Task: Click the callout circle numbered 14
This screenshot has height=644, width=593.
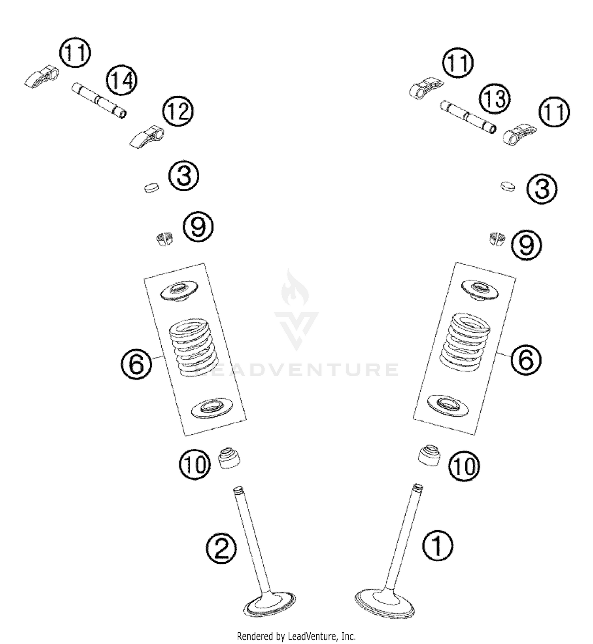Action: [x=121, y=81]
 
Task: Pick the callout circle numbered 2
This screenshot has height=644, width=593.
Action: [x=221, y=549]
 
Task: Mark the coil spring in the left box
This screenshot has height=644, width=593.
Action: [x=194, y=347]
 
